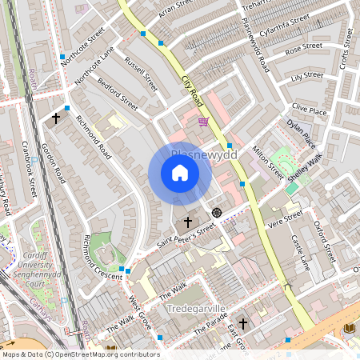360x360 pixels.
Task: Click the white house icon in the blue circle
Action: click(x=180, y=174)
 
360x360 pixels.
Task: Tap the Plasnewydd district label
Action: click(x=205, y=154)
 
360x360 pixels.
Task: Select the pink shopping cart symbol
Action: click(x=203, y=122)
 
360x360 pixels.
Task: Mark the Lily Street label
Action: click(x=307, y=77)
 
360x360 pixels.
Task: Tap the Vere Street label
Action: click(x=286, y=218)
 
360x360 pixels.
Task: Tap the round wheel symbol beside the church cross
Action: click(x=216, y=213)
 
